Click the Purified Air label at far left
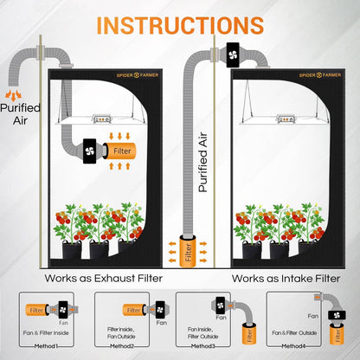pyautogui.click(x=20, y=114)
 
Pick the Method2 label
pyautogui.click(x=133, y=345)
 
